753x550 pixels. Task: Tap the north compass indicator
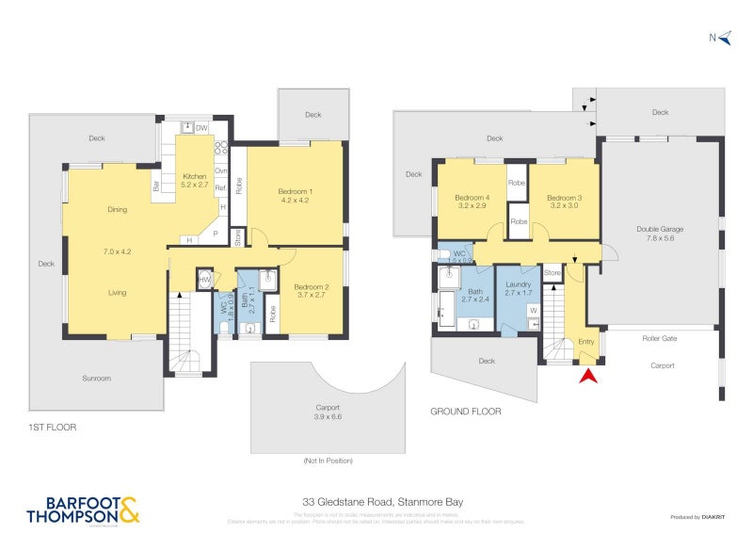click(717, 38)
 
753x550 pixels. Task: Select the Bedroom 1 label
click(296, 196)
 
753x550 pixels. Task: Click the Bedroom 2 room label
click(311, 291)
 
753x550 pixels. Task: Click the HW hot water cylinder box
click(204, 279)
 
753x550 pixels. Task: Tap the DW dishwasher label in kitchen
click(201, 127)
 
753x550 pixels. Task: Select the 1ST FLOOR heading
click(52, 427)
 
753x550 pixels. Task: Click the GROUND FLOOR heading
click(465, 412)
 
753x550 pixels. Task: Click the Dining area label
click(117, 210)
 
